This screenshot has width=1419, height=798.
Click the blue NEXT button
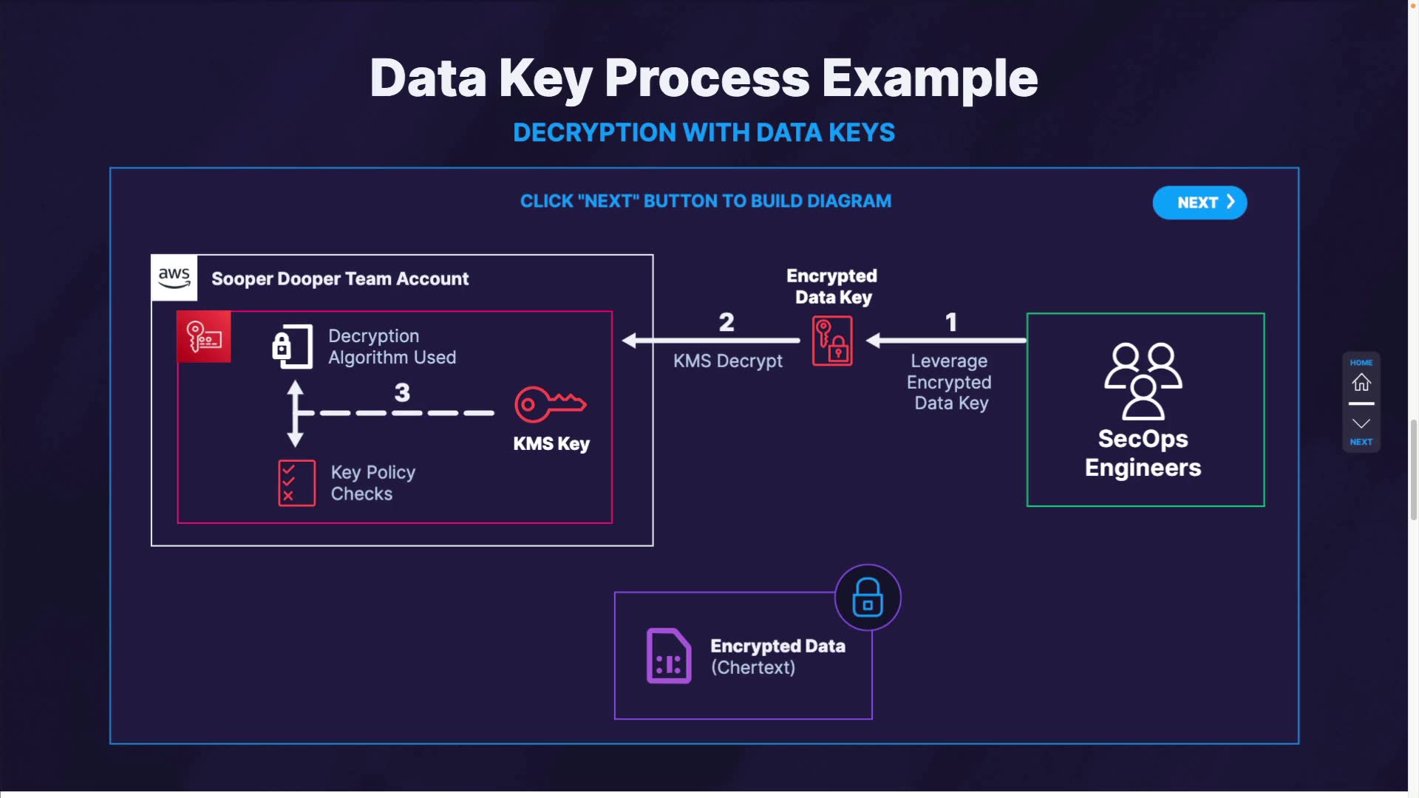tap(1199, 202)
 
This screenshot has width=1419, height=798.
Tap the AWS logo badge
tap(174, 278)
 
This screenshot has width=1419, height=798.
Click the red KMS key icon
tap(550, 403)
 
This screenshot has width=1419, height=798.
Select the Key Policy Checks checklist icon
tap(296, 483)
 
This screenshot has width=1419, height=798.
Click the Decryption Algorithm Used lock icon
tap(292, 346)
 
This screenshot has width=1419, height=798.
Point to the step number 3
tap(402, 392)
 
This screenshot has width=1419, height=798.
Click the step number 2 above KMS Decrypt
tap(726, 322)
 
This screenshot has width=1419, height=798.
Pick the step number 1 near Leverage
tap(951, 322)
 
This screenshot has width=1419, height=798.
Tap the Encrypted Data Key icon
tap(832, 341)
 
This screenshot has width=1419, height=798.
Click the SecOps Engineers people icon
tap(1143, 381)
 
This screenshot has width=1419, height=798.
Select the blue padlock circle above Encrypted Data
tap(868, 597)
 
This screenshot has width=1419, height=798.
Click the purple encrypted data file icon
tap(669, 656)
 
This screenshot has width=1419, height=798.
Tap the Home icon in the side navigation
tap(1361, 382)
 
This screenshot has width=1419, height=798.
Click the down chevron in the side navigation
tap(1361, 423)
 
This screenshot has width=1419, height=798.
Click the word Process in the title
tap(707, 78)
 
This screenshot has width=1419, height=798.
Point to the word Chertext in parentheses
tap(753, 667)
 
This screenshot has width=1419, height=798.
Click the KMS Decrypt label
tap(727, 361)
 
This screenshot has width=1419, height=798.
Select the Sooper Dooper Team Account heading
tap(340, 279)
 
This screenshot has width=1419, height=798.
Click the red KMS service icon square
tap(204, 337)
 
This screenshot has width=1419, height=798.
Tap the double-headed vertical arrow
tap(296, 414)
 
